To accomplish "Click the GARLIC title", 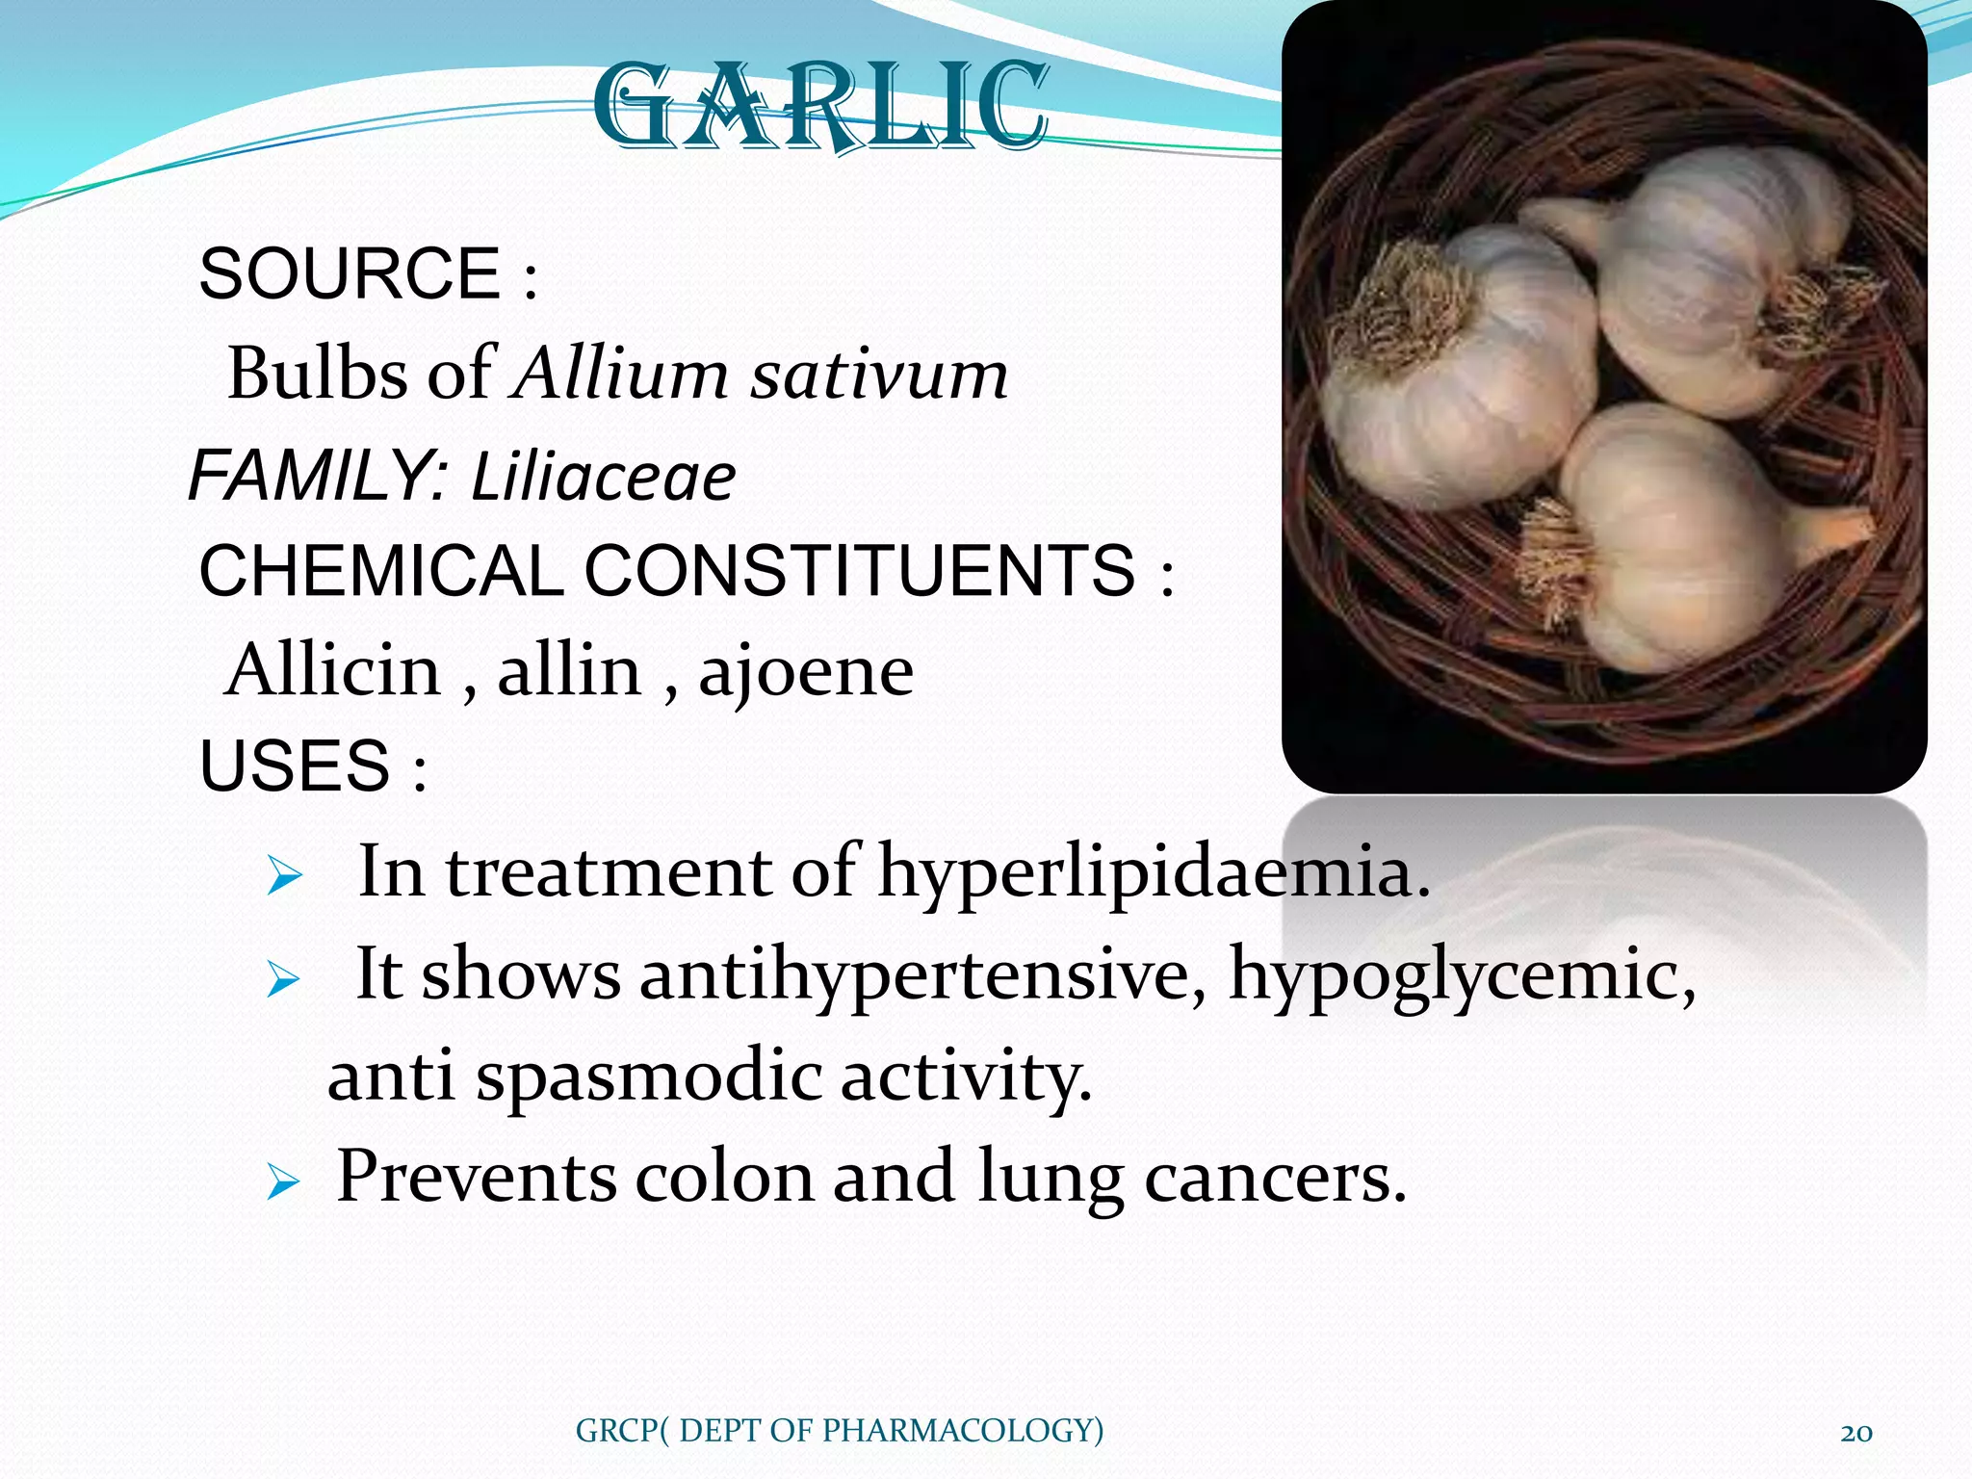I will [819, 106].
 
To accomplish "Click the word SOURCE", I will [349, 274].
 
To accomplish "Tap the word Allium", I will [621, 374].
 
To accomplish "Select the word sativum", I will [879, 376].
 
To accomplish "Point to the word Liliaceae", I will [604, 478].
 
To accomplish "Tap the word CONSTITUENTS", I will [859, 570].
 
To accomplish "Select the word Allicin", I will [333, 670].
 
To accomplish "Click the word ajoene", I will [806, 672].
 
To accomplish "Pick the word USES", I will [295, 766].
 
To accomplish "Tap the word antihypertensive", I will [921, 974].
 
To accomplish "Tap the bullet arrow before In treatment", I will [285, 876].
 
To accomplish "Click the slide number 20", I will [1855, 1432].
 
